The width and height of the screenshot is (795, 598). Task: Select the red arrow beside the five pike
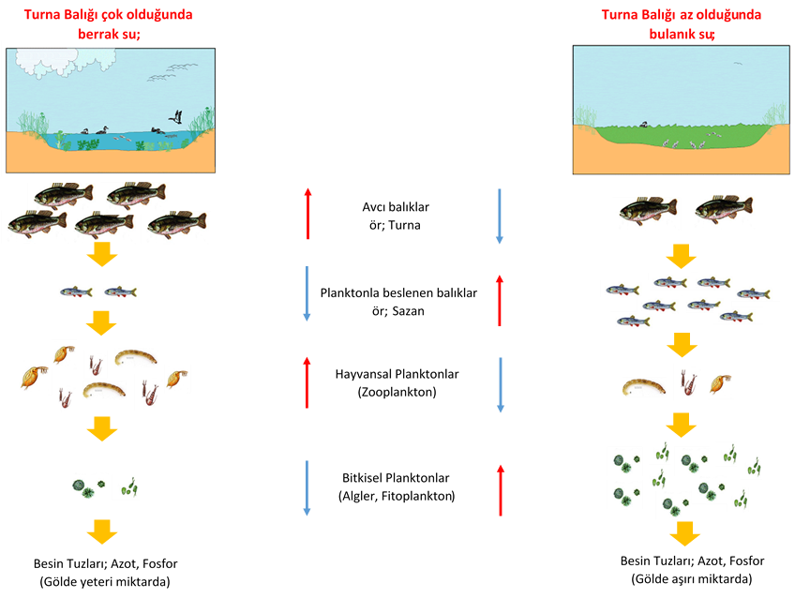[x=307, y=213]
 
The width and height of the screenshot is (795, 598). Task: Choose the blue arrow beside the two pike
[x=499, y=217]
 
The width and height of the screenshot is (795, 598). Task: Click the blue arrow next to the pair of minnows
[x=307, y=293]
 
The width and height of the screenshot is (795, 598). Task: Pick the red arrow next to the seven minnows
[x=500, y=300]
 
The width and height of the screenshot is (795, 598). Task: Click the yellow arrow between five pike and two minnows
[x=100, y=255]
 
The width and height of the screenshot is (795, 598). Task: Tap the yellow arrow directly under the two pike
[x=682, y=256]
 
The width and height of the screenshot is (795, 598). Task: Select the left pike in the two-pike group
[x=647, y=213]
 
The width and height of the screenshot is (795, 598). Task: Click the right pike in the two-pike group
[x=722, y=212]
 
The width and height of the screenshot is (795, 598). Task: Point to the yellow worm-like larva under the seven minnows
[x=644, y=386]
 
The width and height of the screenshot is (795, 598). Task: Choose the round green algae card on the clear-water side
[x=85, y=486]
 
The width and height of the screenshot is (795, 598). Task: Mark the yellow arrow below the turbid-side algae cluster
[x=685, y=533]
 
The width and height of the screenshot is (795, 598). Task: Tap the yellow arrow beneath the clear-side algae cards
[x=101, y=531]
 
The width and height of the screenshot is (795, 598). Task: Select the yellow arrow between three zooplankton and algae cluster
[x=682, y=425]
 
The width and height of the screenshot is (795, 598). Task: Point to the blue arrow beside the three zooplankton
[x=500, y=384]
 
